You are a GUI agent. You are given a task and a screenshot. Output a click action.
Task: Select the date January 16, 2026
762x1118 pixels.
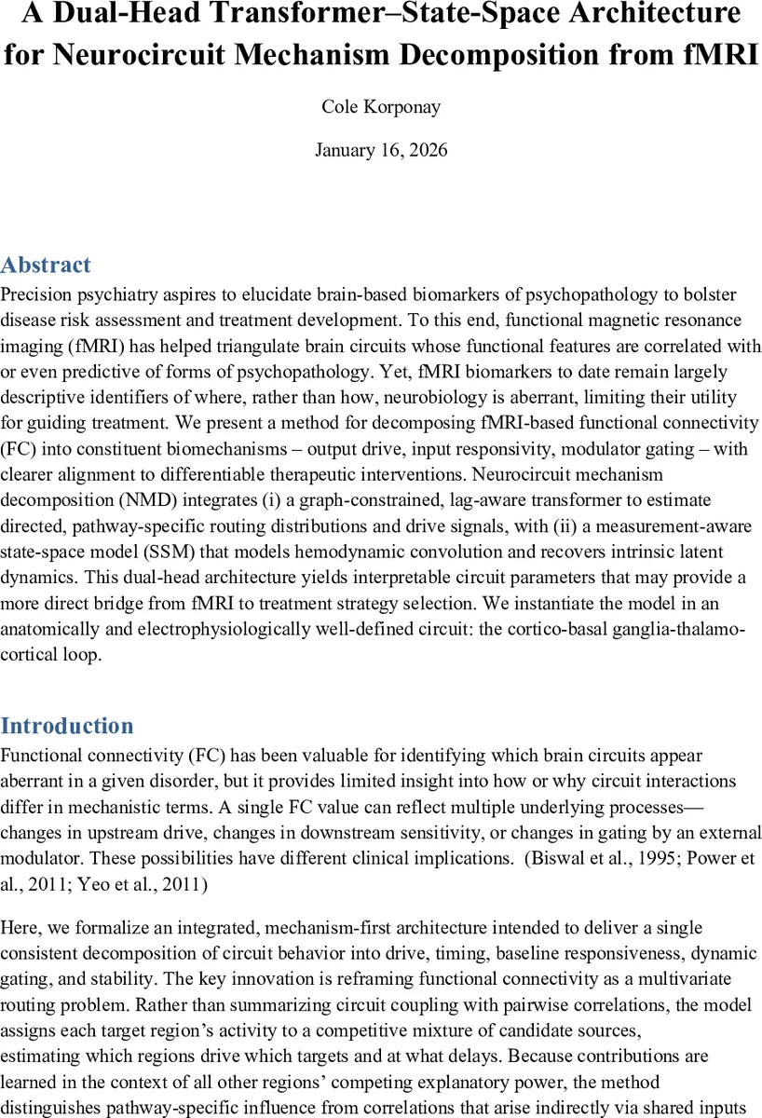click(x=381, y=150)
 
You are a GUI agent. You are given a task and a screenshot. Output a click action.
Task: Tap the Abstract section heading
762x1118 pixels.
click(x=47, y=266)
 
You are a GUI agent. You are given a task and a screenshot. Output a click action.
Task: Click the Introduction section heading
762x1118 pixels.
click(x=67, y=727)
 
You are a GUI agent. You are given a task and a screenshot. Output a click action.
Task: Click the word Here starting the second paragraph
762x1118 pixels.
click(x=20, y=928)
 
